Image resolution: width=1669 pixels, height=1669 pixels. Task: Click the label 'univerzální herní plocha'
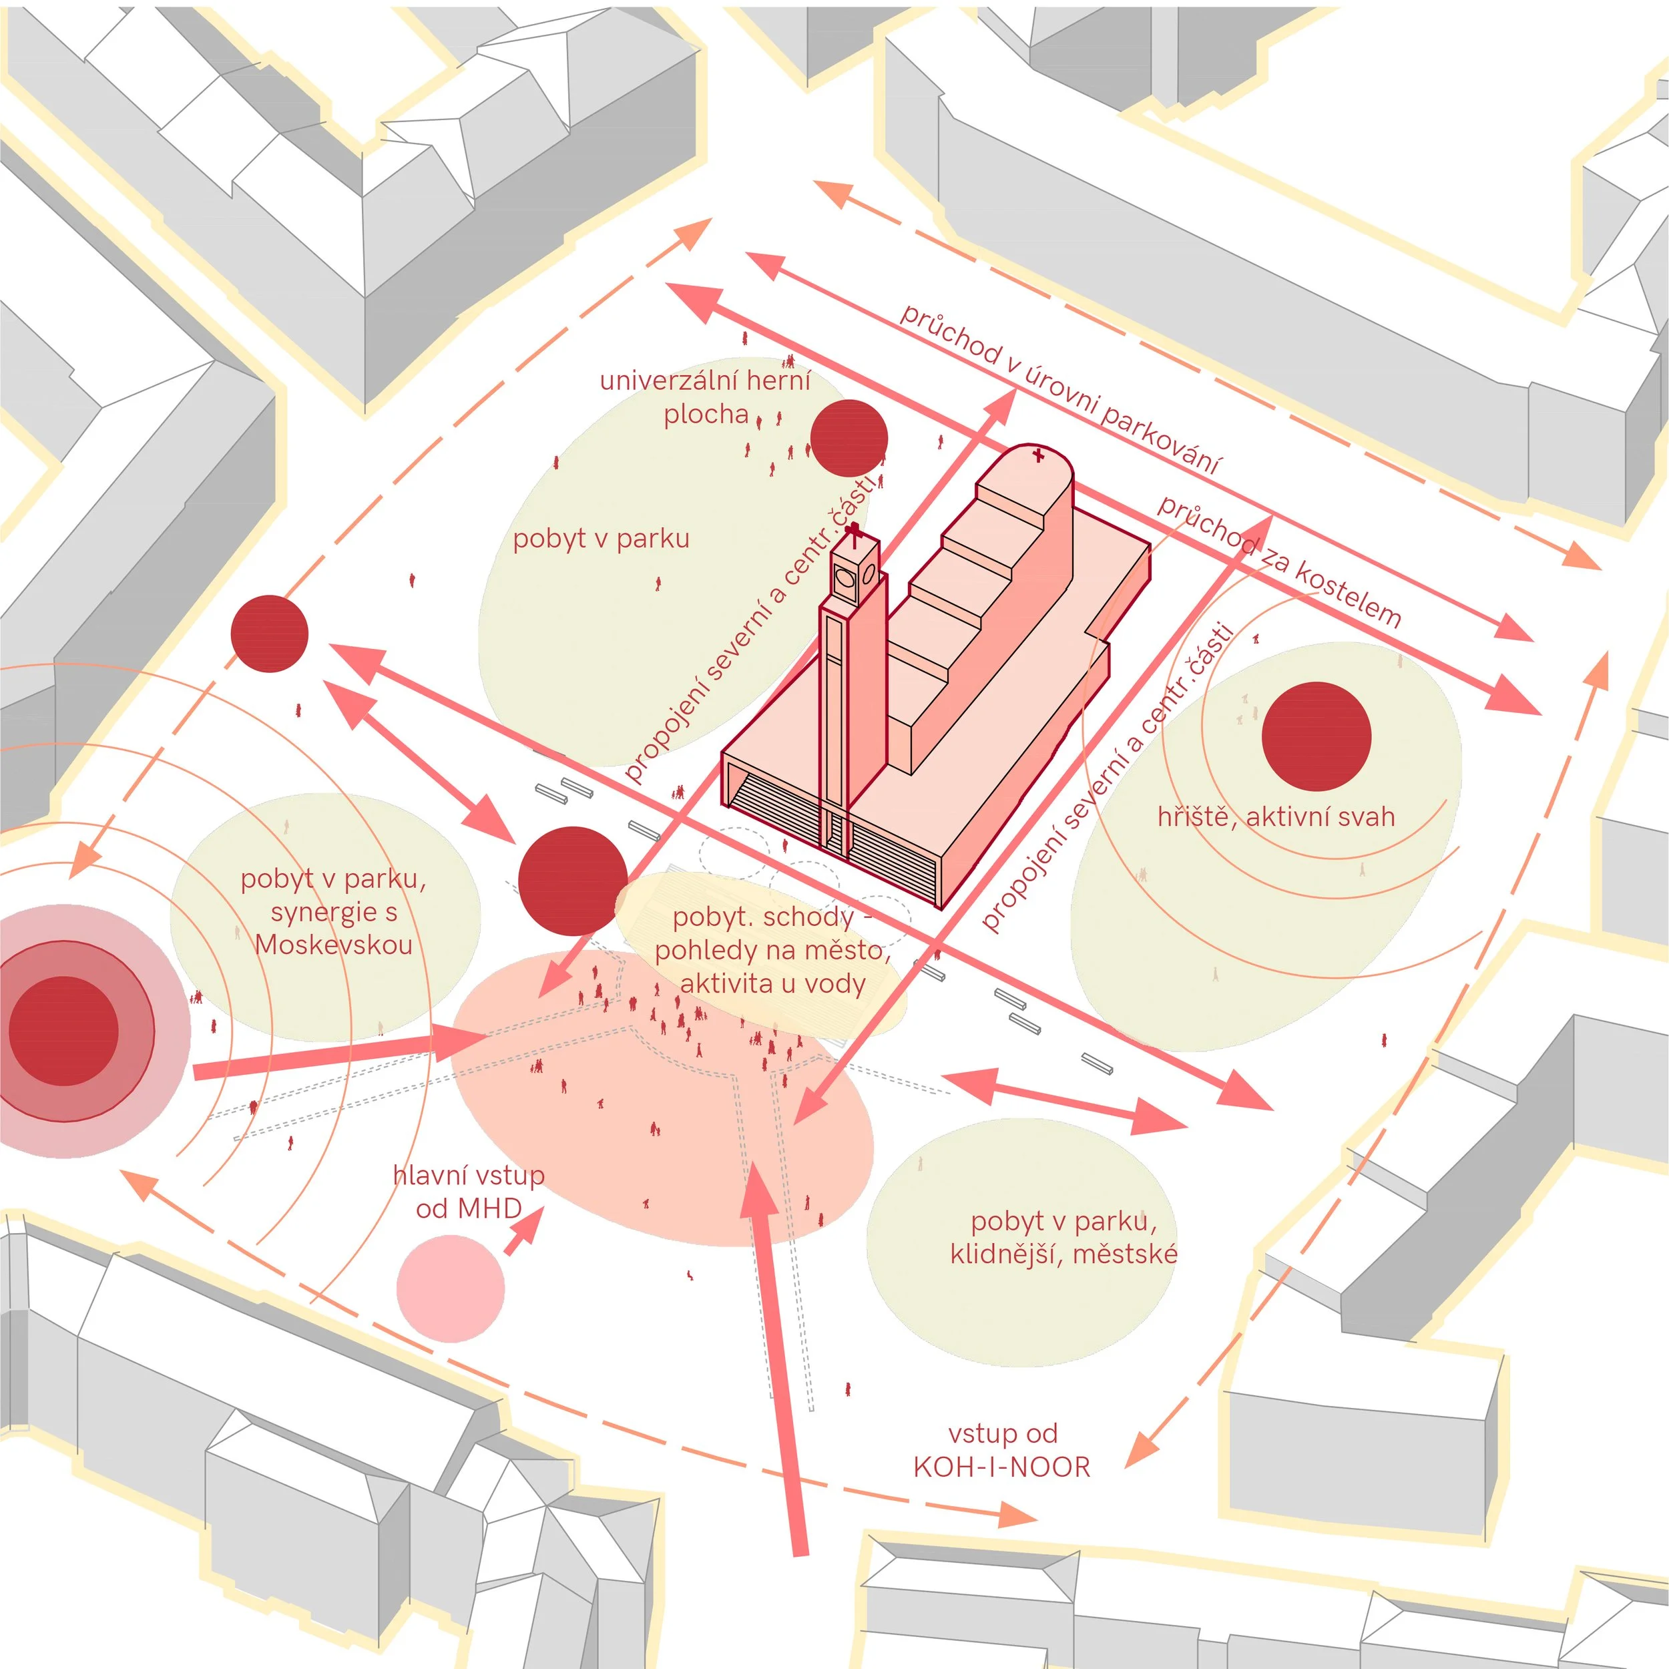point(705,397)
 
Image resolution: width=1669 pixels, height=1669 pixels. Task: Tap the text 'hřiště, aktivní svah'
point(1276,816)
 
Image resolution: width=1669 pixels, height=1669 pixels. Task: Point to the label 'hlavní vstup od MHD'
point(468,1191)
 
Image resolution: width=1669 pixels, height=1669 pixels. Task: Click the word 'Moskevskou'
point(333,944)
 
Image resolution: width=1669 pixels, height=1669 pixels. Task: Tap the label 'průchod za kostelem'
point(1279,561)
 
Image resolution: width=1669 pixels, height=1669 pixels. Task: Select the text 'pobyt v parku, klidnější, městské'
point(1063,1237)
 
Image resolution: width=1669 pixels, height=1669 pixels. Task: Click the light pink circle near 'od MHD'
point(450,1288)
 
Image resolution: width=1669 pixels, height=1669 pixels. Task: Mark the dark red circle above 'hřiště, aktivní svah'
point(1317,736)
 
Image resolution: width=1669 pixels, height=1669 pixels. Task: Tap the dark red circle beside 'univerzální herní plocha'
point(849,438)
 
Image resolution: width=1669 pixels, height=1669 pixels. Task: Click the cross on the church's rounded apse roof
point(1038,455)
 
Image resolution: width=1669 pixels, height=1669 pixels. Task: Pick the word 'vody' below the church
point(832,983)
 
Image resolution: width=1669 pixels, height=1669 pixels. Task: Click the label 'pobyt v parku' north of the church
point(602,538)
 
